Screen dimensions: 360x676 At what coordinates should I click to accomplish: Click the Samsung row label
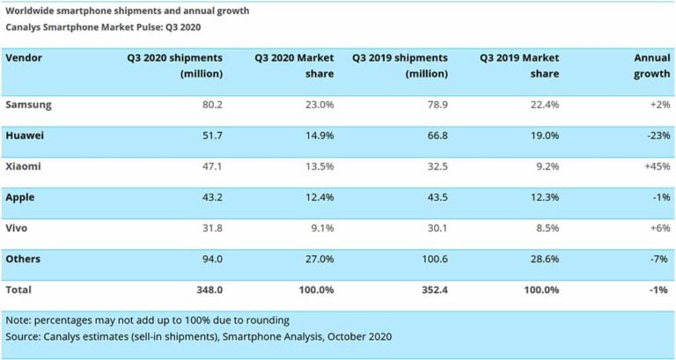point(28,105)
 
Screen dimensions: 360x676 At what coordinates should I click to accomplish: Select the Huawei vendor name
point(26,136)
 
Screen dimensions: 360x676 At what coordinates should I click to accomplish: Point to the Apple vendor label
point(22,197)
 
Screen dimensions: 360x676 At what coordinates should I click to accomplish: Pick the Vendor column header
point(24,57)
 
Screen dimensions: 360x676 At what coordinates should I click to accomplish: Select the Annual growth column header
point(652,65)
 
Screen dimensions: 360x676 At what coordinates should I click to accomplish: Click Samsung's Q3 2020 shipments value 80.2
point(208,105)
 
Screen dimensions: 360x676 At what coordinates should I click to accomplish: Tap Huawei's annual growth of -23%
point(657,136)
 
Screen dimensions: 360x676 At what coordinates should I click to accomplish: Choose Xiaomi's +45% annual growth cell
point(656,166)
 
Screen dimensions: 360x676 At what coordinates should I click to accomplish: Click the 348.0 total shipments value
point(205,290)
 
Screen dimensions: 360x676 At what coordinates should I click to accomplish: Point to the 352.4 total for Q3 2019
point(431,290)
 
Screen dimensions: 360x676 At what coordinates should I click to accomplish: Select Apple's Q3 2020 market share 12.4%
point(318,197)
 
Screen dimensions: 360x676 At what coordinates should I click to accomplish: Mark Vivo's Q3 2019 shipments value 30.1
point(435,228)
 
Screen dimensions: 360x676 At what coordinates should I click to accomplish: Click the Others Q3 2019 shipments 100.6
point(431,259)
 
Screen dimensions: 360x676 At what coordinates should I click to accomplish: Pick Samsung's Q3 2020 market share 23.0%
point(318,105)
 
